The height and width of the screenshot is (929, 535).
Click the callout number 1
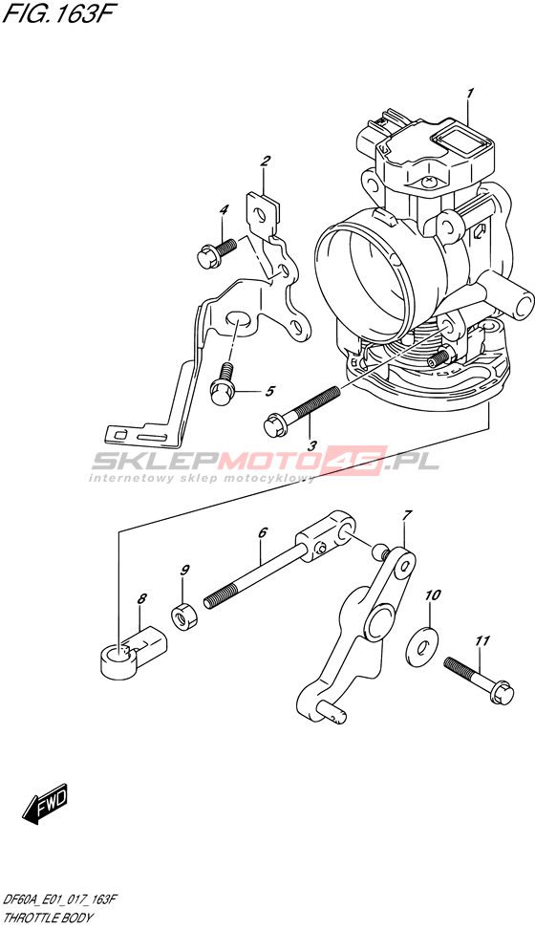[470, 94]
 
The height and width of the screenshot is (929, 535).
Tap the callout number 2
[266, 161]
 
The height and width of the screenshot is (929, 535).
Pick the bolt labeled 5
[224, 384]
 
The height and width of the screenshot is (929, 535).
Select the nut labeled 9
[185, 616]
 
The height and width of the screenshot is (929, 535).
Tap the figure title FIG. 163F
[56, 14]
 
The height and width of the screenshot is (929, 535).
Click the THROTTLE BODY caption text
[48, 918]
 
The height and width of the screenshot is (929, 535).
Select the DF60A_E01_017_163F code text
[60, 900]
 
